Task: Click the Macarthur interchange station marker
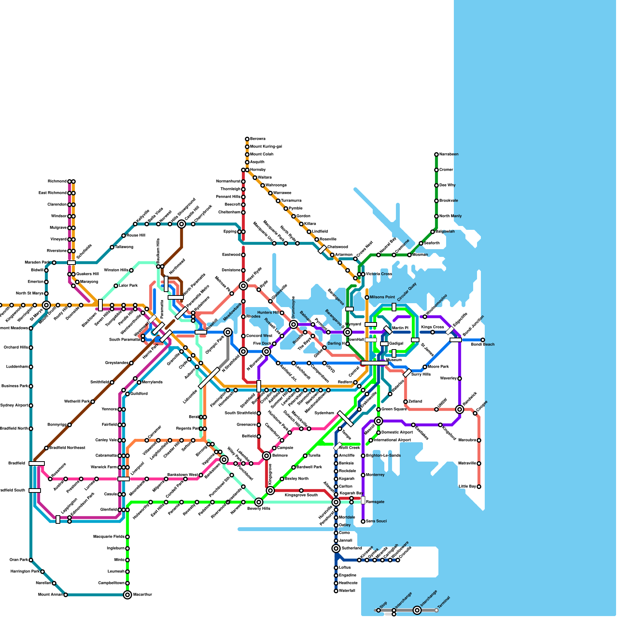(x=127, y=595)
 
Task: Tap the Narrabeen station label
(x=449, y=154)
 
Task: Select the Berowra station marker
(x=247, y=139)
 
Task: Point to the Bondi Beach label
(x=482, y=344)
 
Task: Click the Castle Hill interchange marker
(x=182, y=224)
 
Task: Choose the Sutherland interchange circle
(x=336, y=548)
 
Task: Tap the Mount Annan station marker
(x=66, y=595)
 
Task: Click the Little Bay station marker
(x=479, y=487)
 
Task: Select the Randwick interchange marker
(x=460, y=409)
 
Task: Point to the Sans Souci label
(x=376, y=521)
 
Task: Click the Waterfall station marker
(x=336, y=591)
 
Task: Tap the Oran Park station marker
(x=31, y=560)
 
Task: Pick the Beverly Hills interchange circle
(x=259, y=502)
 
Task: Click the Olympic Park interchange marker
(x=228, y=332)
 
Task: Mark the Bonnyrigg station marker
(x=70, y=425)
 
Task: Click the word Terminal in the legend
(x=444, y=603)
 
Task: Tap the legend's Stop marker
(x=379, y=610)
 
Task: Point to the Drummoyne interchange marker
(x=294, y=324)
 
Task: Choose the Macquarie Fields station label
(x=109, y=537)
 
